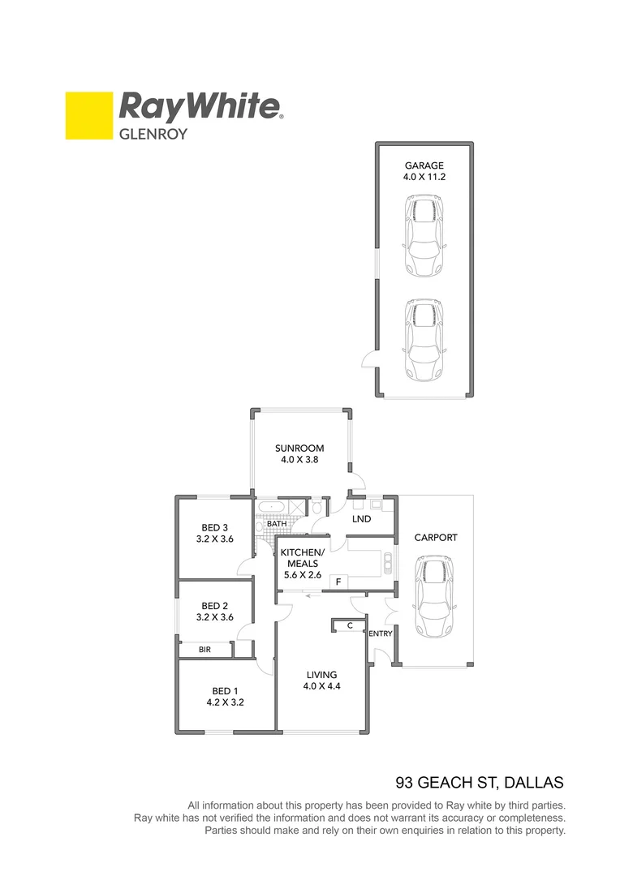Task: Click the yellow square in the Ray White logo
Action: [x=88, y=115]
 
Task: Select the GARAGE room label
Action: [x=424, y=165]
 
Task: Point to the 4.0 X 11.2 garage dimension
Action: [x=424, y=176]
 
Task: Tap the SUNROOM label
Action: [x=299, y=448]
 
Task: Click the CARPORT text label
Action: [x=436, y=537]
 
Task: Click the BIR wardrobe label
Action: [x=206, y=650]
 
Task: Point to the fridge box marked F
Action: [x=337, y=582]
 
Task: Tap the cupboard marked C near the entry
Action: [x=349, y=625]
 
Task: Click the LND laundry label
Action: [x=361, y=519]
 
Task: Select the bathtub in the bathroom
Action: [x=269, y=509]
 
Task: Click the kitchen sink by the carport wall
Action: [x=389, y=560]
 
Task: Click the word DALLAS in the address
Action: [x=532, y=783]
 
